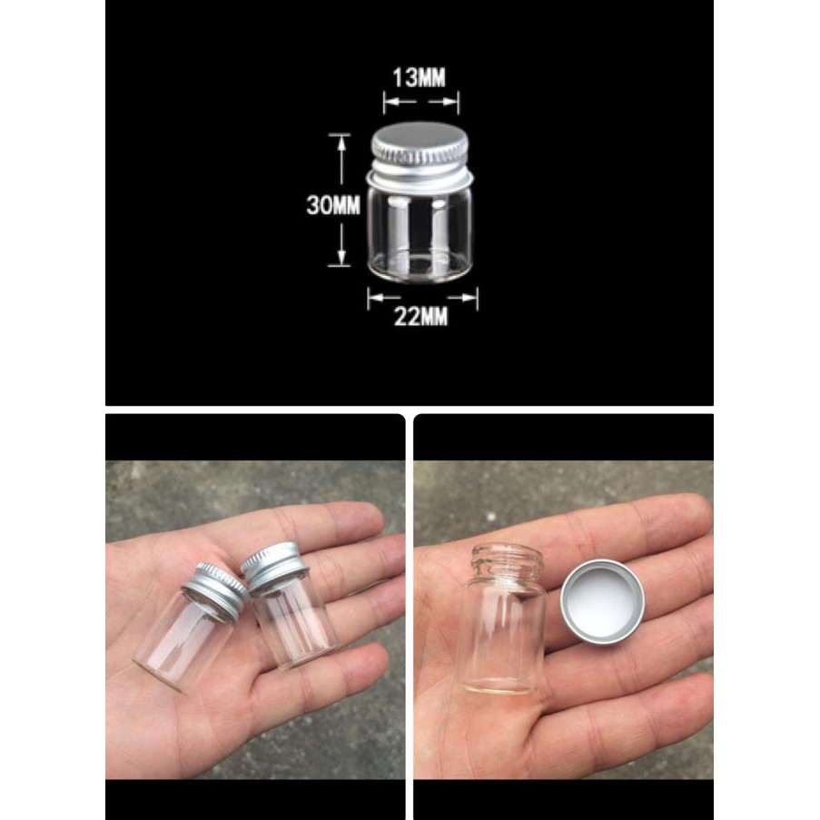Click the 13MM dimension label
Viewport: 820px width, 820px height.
click(x=419, y=77)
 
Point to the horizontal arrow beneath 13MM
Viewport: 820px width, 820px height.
click(x=420, y=102)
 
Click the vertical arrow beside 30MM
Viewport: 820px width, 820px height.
click(x=341, y=201)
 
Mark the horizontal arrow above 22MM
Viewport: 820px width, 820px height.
click(x=422, y=296)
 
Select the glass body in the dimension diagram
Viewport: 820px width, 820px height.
click(x=420, y=227)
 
